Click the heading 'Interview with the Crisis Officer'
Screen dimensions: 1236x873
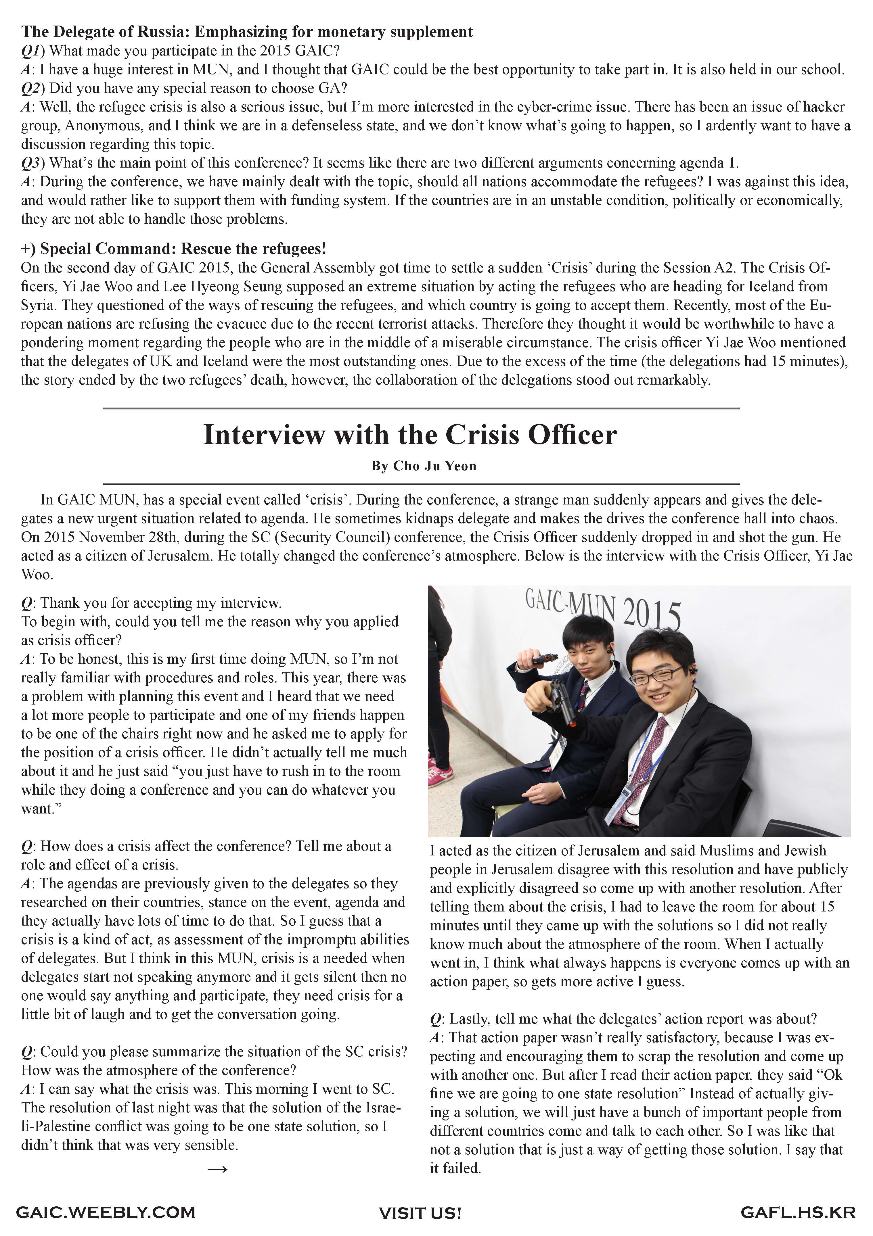pos(410,435)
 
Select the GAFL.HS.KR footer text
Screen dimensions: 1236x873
pos(798,1212)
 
